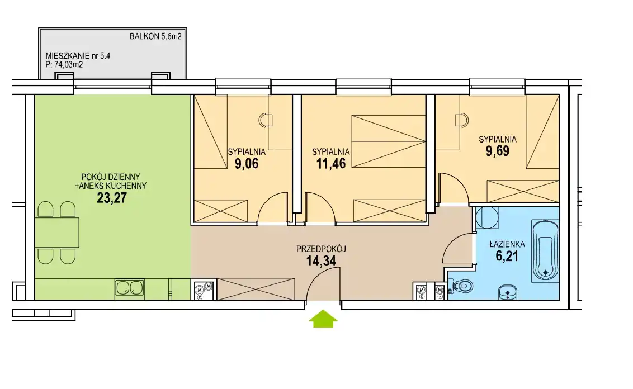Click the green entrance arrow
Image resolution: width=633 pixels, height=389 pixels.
click(323, 319)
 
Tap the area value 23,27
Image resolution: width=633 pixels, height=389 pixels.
click(112, 198)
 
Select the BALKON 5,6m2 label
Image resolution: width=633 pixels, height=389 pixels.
click(155, 36)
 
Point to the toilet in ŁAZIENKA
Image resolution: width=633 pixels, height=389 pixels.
click(461, 286)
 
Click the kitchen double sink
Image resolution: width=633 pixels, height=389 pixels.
click(130, 288)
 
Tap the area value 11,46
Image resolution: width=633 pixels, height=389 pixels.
click(331, 163)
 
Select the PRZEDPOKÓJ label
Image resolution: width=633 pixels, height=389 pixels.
click(321, 249)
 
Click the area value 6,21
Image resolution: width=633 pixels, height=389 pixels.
click(507, 256)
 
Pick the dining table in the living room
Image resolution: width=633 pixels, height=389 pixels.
click(56, 233)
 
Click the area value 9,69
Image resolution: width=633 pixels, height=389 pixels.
click(497, 151)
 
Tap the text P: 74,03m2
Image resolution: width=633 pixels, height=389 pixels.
click(64, 64)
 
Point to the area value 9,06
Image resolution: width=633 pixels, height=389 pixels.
click(247, 163)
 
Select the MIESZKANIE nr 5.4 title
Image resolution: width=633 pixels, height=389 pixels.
click(78, 56)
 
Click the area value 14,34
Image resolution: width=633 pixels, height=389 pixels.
click(321, 261)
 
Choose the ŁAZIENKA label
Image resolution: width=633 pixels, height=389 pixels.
click(507, 244)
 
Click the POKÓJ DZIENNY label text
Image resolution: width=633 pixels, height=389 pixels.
click(111, 177)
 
